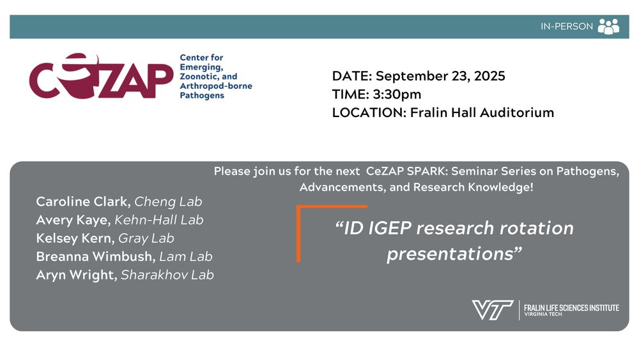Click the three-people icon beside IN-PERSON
pyautogui.click(x=608, y=26)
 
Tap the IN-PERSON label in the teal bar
pyautogui.click(x=566, y=26)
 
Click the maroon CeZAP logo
pyautogui.click(x=101, y=76)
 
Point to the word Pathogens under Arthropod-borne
pyautogui.click(x=202, y=95)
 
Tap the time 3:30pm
pyautogui.click(x=397, y=95)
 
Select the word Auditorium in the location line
pyautogui.click(x=517, y=113)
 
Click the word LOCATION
pyautogui.click(x=369, y=113)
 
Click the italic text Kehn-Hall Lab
pyautogui.click(x=159, y=220)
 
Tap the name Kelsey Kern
pyautogui.click(x=75, y=238)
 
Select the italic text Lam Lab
pyautogui.click(x=186, y=256)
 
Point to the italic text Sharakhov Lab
pyautogui.click(x=167, y=275)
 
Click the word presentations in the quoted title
pyautogui.click(x=450, y=254)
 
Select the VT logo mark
pyautogui.click(x=492, y=310)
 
